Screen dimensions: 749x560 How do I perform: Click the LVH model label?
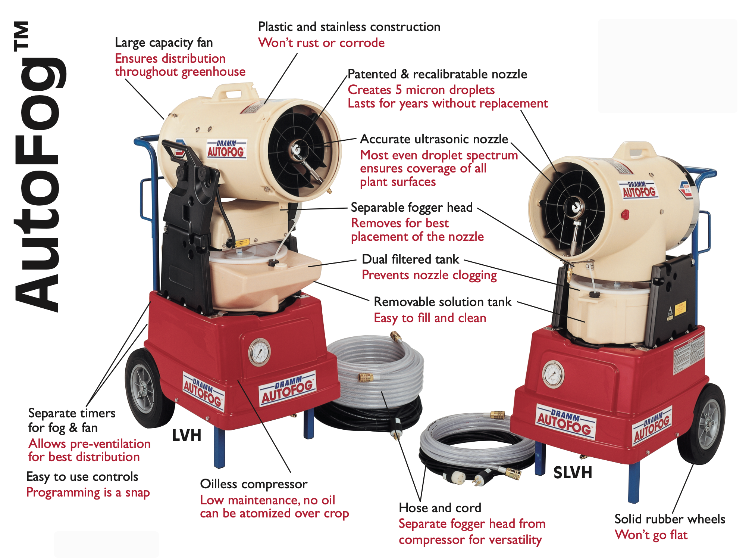[x=187, y=435]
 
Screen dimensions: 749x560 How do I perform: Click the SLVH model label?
[x=573, y=473]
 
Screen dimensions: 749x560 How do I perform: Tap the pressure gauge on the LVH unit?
[x=259, y=352]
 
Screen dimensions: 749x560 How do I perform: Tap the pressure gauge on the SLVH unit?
[x=553, y=374]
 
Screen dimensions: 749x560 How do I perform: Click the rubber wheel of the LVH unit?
[x=147, y=388]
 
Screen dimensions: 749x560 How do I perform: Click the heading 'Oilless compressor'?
[x=254, y=484]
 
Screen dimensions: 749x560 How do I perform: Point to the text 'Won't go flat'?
[x=651, y=535]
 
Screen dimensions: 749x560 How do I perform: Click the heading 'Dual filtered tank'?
[x=410, y=259]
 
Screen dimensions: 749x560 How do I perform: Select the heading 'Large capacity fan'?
[x=164, y=43]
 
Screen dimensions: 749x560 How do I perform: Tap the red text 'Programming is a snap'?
[x=88, y=493]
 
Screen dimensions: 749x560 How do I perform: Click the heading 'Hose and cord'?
[x=440, y=508]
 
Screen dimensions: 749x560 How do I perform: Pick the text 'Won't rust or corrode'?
[x=321, y=43]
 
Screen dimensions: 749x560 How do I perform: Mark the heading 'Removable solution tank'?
[x=443, y=302]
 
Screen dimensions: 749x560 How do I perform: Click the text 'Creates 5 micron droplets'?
[x=421, y=90]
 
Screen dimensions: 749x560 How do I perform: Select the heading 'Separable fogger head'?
[x=412, y=208]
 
